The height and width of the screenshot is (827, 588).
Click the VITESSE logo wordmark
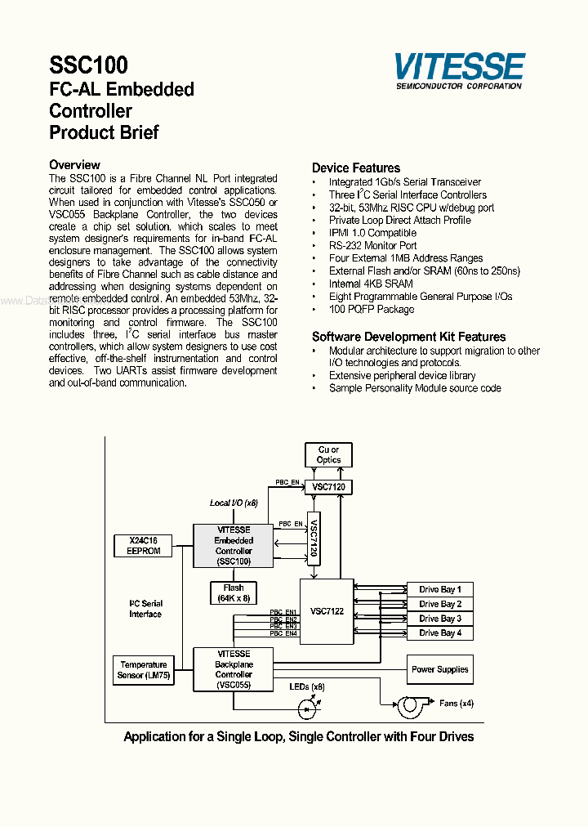click(459, 65)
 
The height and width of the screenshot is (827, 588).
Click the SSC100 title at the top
click(88, 65)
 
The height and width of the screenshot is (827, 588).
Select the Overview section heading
click(74, 165)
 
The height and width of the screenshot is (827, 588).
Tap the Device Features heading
click(356, 168)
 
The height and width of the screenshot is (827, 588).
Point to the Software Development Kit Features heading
click(408, 337)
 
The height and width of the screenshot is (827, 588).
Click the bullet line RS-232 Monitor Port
click(372, 245)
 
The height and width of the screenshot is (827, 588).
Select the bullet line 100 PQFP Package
click(371, 309)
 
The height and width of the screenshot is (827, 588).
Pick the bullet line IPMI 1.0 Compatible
click(372, 233)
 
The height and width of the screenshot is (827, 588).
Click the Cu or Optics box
click(328, 454)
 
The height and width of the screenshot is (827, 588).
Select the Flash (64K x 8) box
click(233, 593)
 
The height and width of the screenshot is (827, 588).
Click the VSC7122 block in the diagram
click(327, 610)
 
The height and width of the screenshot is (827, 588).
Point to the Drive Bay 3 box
click(440, 619)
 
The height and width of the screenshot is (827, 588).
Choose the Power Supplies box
click(440, 669)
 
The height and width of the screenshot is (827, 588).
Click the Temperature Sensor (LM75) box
click(143, 670)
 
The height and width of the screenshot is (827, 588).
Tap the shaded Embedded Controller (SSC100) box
click(234, 546)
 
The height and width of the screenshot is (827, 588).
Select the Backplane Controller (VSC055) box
click(234, 669)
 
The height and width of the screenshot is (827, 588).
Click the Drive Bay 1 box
click(440, 589)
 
